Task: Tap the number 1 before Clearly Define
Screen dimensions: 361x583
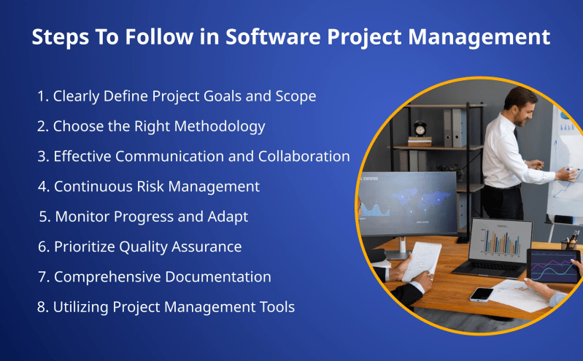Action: tap(42, 96)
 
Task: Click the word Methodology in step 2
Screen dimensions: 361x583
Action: tap(218, 126)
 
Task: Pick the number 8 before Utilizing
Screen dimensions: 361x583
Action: tap(42, 307)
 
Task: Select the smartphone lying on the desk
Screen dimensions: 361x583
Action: tap(482, 294)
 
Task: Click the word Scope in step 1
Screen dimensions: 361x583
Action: tap(296, 96)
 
